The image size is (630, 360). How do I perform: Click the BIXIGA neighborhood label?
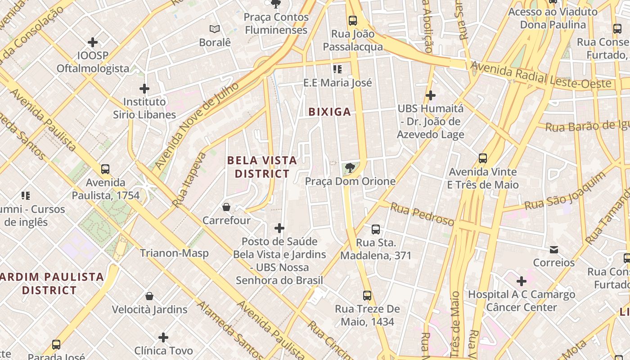tap(329, 112)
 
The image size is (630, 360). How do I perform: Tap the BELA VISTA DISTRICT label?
tap(262, 167)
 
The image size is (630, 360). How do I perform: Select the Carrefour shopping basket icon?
tap(226, 207)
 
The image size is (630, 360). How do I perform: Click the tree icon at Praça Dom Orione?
tap(349, 168)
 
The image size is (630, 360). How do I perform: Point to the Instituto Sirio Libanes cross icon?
tap(144, 89)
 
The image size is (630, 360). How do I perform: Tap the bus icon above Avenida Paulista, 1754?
tap(105, 169)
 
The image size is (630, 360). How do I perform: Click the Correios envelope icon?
tap(553, 249)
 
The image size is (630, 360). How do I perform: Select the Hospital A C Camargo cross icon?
tap(521, 281)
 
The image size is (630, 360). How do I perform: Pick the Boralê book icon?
tap(215, 29)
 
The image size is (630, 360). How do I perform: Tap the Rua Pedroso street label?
tap(422, 214)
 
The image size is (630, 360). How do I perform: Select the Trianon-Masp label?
tap(174, 253)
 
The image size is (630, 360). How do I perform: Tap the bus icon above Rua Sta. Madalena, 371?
tap(376, 229)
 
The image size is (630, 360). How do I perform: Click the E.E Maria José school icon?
tap(337, 69)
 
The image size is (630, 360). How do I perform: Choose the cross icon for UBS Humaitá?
tap(431, 95)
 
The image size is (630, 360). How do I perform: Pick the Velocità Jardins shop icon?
tap(149, 296)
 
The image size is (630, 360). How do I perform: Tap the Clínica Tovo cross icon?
tap(163, 337)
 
